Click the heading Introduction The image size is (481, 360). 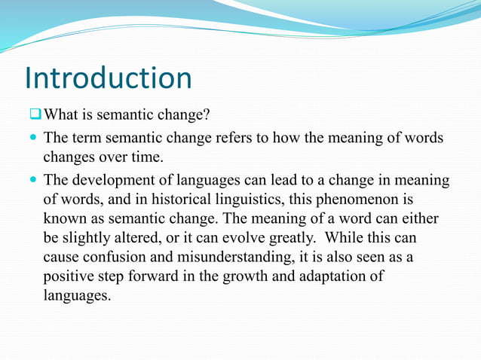[108, 78]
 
